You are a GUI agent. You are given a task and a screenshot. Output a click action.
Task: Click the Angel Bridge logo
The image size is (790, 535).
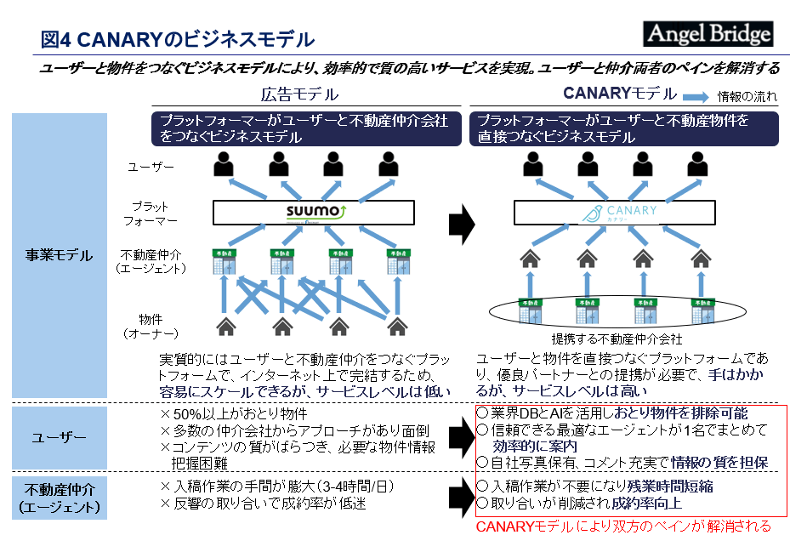708,33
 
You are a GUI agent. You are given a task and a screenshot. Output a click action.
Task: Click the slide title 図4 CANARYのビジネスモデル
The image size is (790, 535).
178,39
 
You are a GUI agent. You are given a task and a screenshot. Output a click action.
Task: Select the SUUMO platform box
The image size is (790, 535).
313,212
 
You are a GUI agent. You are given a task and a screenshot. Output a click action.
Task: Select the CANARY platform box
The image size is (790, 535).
624,213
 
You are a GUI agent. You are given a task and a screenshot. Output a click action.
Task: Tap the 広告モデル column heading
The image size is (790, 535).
298,94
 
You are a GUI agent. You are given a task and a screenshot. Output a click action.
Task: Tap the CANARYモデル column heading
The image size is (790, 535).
620,94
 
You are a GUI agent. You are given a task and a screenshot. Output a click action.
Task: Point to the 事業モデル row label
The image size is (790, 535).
59,255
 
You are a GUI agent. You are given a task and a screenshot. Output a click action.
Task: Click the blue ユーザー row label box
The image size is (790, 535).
59,437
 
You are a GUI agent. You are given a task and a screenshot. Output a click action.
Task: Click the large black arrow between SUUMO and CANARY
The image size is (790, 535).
460,223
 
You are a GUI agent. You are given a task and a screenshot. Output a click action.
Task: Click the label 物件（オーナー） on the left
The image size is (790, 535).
148,325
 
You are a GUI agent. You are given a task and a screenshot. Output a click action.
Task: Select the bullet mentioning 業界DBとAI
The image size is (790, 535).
611,413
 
